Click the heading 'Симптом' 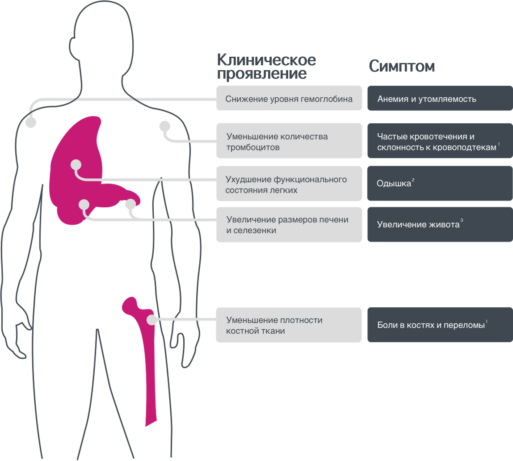coord(402,67)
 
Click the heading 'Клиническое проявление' coord(266,67)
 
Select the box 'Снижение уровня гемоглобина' coord(289,98)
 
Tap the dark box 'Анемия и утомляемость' coord(440,98)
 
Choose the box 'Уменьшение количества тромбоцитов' coord(289,141)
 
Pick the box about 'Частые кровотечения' coord(440,141)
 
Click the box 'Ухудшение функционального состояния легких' coord(289,184)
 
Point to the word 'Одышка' coord(394,184)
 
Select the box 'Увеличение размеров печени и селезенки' coord(289,225)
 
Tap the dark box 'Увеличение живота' coord(440,225)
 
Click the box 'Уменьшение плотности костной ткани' coord(289,325)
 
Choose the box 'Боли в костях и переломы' coord(440,325)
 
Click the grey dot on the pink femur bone coord(151,320)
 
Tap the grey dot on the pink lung coord(76,164)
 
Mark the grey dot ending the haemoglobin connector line coord(31,122)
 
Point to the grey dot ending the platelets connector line coord(164,126)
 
